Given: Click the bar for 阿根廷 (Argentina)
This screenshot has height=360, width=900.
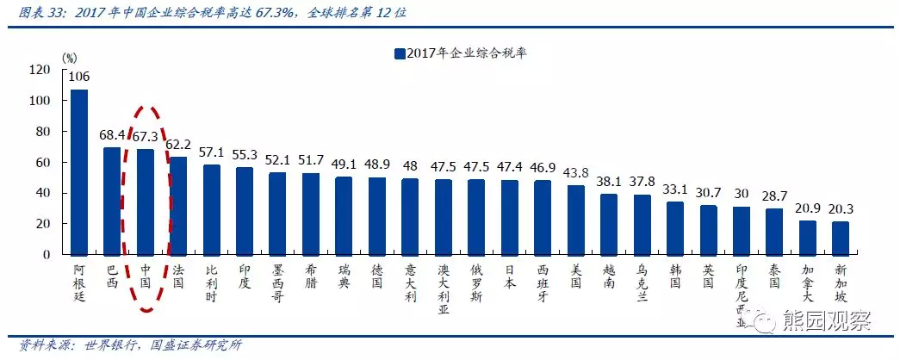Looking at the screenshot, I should click(79, 172).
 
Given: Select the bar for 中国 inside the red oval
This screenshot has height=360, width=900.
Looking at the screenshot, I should click(146, 202).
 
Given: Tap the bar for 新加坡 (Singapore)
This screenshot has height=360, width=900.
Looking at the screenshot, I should click(840, 238).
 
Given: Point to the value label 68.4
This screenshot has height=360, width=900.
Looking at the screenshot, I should click(113, 135).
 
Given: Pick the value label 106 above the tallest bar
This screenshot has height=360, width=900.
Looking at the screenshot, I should click(79, 77).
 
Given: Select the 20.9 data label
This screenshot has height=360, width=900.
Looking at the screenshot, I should click(807, 209).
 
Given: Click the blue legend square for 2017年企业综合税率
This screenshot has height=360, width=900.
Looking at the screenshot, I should click(399, 53).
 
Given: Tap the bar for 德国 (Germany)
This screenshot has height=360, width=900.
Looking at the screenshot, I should click(377, 216).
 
